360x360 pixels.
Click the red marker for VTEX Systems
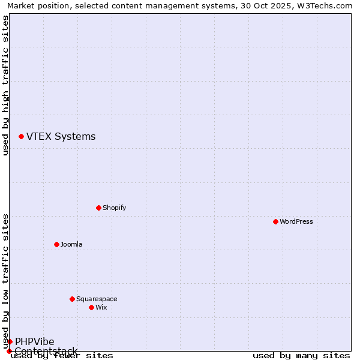click(21, 137)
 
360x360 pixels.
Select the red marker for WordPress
click(275, 221)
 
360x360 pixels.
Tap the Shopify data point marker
click(98, 208)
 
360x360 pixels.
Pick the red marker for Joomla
click(56, 244)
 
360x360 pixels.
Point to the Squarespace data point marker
click(72, 299)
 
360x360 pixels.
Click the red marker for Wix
click(91, 307)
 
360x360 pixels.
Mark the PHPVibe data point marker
click(10, 341)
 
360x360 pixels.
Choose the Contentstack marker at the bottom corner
click(9, 351)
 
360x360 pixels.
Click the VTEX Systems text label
click(61, 137)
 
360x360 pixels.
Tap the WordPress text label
click(296, 221)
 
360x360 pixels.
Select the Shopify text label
click(114, 208)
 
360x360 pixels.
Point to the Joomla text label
click(71, 244)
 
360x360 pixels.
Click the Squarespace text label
click(97, 299)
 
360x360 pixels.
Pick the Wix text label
click(101, 307)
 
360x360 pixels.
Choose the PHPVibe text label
click(35, 341)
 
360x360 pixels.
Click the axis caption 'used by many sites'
click(301, 355)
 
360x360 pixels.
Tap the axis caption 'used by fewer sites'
click(62, 356)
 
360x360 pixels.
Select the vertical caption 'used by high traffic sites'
click(5, 85)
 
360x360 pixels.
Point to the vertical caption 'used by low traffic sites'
click(5, 281)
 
